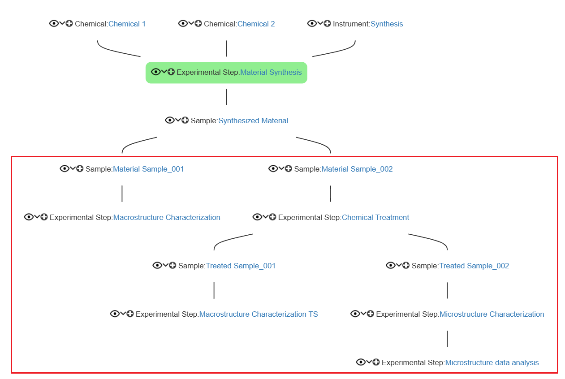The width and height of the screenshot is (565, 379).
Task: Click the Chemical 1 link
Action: [x=127, y=24]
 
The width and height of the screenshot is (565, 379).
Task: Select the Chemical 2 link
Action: [x=256, y=24]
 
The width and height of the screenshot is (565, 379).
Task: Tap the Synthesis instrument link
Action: [x=387, y=24]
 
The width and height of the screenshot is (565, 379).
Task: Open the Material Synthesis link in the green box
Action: [x=271, y=73]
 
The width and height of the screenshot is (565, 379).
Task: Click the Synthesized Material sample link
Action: [x=253, y=121]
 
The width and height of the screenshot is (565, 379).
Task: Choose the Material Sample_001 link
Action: [x=148, y=169]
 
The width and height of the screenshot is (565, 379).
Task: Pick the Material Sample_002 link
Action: [x=357, y=169]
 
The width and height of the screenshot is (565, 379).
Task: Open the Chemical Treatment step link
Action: [x=375, y=217]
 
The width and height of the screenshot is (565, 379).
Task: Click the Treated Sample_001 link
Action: [x=241, y=266]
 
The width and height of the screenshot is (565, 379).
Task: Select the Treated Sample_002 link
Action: [x=474, y=266]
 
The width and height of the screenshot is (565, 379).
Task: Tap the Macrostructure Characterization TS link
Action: [x=259, y=314]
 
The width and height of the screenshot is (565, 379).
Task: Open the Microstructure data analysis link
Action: [x=492, y=362]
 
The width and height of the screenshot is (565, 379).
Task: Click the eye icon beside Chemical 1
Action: [x=54, y=24]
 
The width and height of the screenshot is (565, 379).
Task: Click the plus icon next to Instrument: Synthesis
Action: [x=327, y=23]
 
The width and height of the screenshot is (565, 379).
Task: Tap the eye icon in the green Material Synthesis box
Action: [x=155, y=72]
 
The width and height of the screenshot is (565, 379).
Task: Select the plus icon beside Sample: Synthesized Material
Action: [x=185, y=120]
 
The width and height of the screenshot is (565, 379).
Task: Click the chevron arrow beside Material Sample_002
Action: [x=281, y=168]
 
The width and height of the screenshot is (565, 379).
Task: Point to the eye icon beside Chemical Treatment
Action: [x=257, y=217]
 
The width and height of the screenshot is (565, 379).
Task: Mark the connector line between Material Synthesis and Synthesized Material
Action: [x=227, y=97]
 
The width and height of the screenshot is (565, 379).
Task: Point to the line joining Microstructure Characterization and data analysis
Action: [x=447, y=339]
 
